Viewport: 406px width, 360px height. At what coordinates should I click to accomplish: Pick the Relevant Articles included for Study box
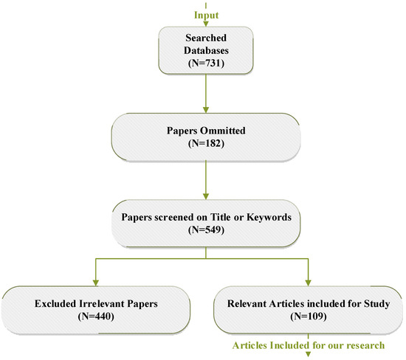tap(309, 308)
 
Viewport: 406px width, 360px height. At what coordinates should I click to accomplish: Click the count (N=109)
tap(309, 316)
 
